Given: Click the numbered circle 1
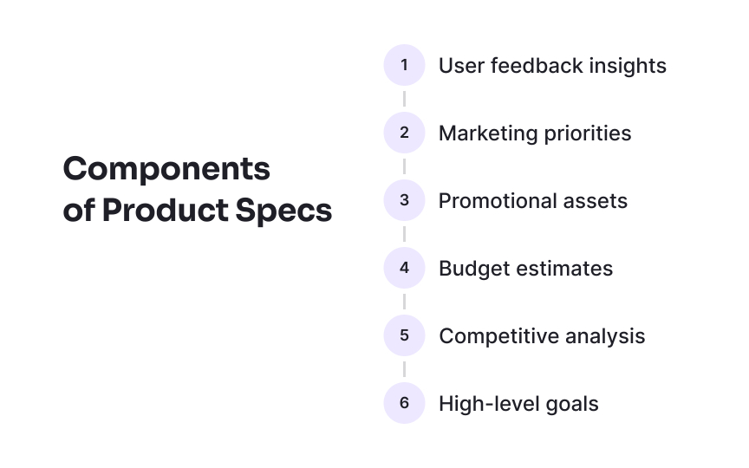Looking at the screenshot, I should tap(404, 65).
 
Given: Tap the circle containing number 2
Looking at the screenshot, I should tap(404, 133).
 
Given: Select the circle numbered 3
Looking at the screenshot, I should tap(404, 200).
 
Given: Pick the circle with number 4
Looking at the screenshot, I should tap(404, 268).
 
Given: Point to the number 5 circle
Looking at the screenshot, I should tap(404, 335).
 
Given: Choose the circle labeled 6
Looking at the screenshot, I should tap(404, 403).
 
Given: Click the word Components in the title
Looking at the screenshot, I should tap(166, 169).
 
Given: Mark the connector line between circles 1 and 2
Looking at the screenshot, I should tap(404, 99).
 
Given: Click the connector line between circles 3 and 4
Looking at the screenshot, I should tap(404, 234).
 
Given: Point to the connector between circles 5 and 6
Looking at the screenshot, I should tap(404, 369).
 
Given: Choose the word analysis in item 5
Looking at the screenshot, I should tap(604, 336).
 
